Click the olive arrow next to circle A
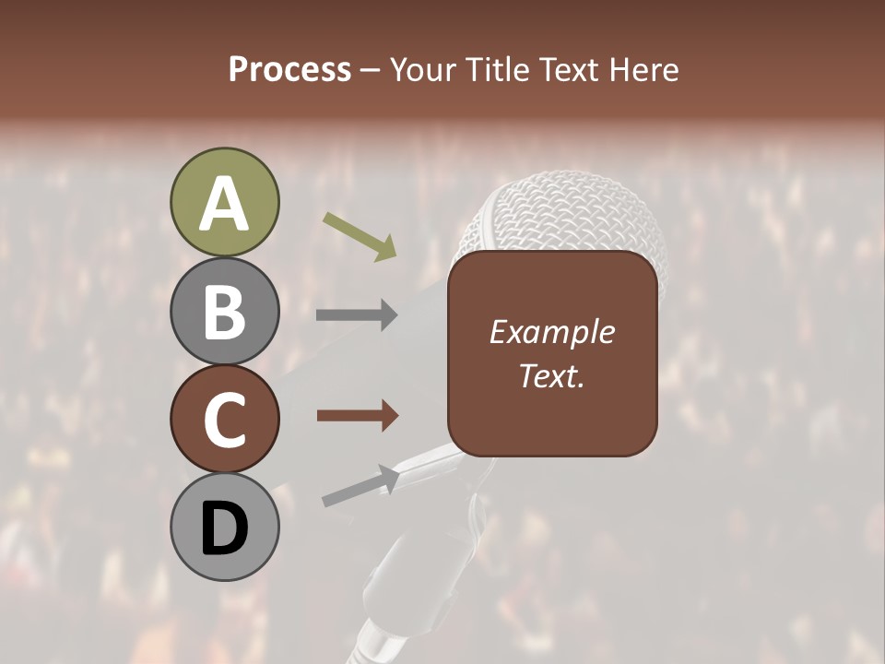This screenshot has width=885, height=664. pos(359,236)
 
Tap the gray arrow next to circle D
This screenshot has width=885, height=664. pos(360,485)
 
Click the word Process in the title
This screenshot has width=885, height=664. pos(289,69)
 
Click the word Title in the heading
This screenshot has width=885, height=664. pos(492,69)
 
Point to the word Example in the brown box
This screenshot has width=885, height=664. pos(551,333)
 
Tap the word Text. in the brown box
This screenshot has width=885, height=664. pos(551,375)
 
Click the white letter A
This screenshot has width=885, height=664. pos(224,204)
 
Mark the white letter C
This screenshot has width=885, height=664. pos(224,421)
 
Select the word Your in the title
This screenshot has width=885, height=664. pos(423,69)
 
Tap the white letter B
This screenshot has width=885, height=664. pos(224,311)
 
